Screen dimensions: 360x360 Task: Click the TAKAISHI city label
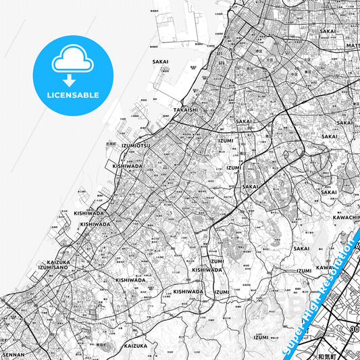tap(186, 109)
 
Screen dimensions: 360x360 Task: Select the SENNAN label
tap(14, 354)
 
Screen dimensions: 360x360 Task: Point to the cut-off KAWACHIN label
tap(346, 217)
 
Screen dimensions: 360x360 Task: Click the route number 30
tap(353, 329)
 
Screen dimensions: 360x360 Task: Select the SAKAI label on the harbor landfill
tap(161, 61)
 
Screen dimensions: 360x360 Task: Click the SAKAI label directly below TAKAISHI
tap(243, 122)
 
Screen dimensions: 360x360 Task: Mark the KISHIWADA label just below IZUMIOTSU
tap(128, 165)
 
